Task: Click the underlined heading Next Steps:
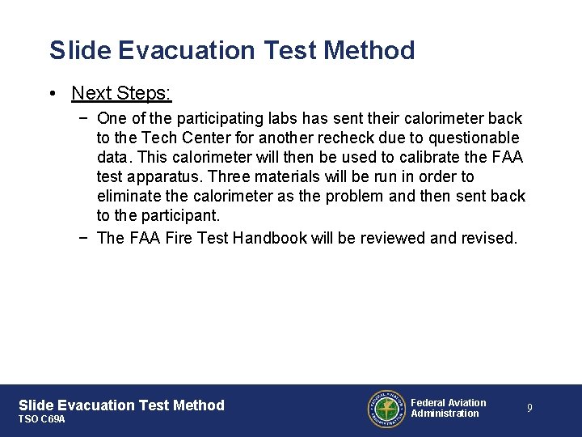pyautogui.click(x=121, y=93)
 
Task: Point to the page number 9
pyautogui.click(x=529, y=409)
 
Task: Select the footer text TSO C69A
pyautogui.click(x=41, y=419)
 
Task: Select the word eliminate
pyautogui.click(x=129, y=196)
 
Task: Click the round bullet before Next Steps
pyautogui.click(x=52, y=94)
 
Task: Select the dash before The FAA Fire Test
pyautogui.click(x=84, y=238)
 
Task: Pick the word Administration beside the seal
pyautogui.click(x=445, y=414)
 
